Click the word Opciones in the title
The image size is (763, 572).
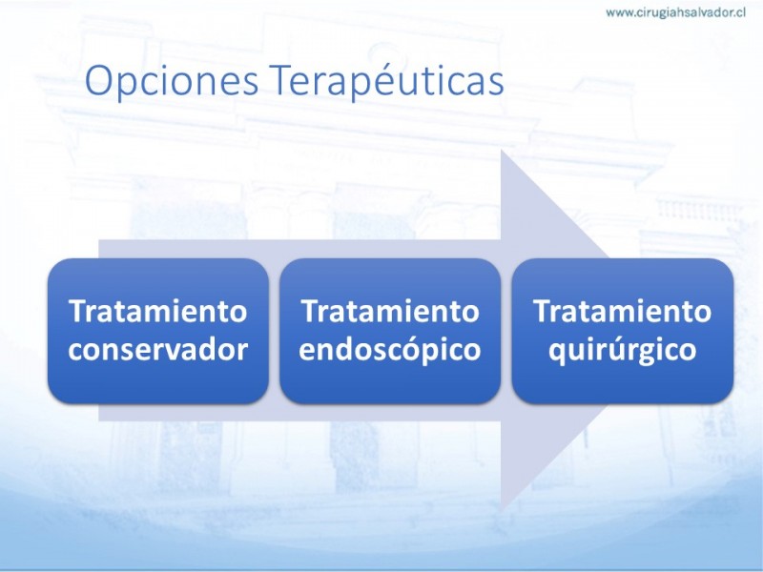172,81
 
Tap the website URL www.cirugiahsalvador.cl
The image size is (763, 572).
676,12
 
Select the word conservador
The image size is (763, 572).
158,349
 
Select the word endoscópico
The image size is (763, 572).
390,348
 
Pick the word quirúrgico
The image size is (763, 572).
623,348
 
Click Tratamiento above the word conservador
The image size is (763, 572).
158,311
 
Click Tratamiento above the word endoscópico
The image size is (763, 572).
390,311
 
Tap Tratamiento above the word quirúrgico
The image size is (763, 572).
623,311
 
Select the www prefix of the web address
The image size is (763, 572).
618,13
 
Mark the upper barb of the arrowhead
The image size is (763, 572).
503,151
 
